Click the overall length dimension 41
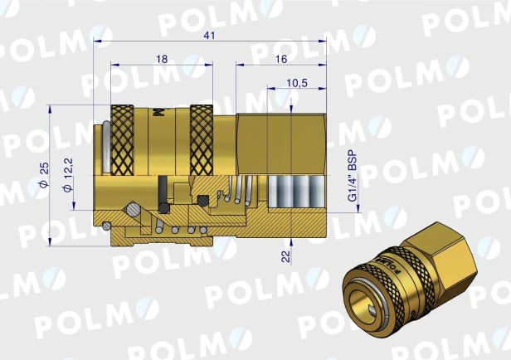(209, 35)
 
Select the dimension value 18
(162, 59)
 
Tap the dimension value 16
(281, 59)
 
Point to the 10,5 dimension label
(297, 83)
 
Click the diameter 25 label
(44, 174)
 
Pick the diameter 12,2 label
(68, 175)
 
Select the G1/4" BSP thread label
(353, 176)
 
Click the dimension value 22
(285, 256)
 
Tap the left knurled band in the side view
(122, 140)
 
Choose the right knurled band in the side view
(202, 140)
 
